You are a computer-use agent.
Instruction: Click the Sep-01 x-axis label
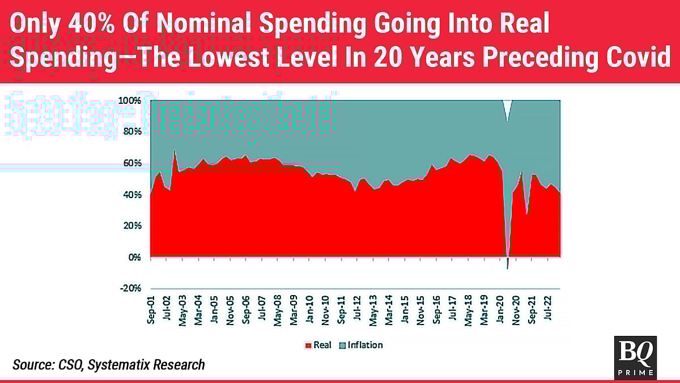coord(151,309)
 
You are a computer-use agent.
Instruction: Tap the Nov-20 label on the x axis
coord(517,309)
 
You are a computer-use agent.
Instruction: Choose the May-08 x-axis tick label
coord(278,309)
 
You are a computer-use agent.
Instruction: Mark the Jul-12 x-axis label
coord(358,309)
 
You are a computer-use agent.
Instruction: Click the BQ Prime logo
coord(635,357)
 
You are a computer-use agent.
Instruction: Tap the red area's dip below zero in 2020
coord(508,263)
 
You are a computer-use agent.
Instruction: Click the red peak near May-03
coord(175,151)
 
